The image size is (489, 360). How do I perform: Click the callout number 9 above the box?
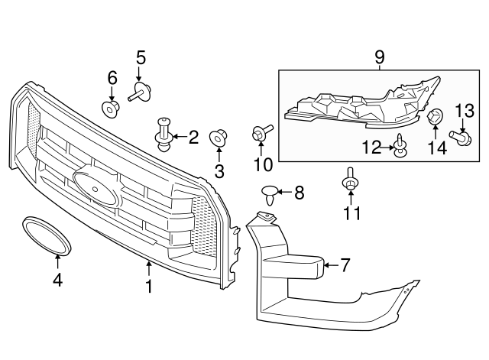[380, 56]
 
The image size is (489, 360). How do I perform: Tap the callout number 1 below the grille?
[149, 287]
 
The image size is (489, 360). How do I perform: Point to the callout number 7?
[345, 265]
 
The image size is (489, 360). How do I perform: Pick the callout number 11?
[351, 213]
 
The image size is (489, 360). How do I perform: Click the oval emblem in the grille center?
[96, 186]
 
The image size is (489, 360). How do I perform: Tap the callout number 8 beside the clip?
[299, 193]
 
